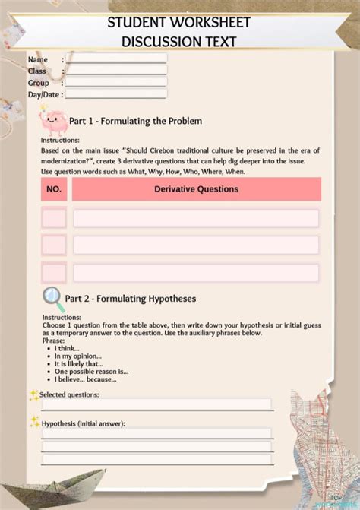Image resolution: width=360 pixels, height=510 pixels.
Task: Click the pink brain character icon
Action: click(52, 119)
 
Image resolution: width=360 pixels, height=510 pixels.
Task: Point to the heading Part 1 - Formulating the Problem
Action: click(135, 121)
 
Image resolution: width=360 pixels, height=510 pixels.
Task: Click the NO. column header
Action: click(54, 189)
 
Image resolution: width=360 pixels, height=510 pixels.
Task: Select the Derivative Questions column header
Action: click(196, 189)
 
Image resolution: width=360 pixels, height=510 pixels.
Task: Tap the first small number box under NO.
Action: click(54, 219)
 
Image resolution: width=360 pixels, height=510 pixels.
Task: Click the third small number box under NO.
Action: click(54, 272)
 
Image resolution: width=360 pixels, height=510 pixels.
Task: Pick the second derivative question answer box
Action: click(196, 245)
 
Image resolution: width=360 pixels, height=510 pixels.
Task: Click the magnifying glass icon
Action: click(52, 296)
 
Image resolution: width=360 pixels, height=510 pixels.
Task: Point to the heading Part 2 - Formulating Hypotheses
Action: click(130, 299)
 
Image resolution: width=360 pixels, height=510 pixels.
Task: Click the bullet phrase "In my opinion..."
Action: click(78, 356)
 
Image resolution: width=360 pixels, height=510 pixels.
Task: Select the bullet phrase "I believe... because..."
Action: click(90, 378)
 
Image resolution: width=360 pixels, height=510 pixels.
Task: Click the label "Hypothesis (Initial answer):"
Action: click(83, 423)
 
